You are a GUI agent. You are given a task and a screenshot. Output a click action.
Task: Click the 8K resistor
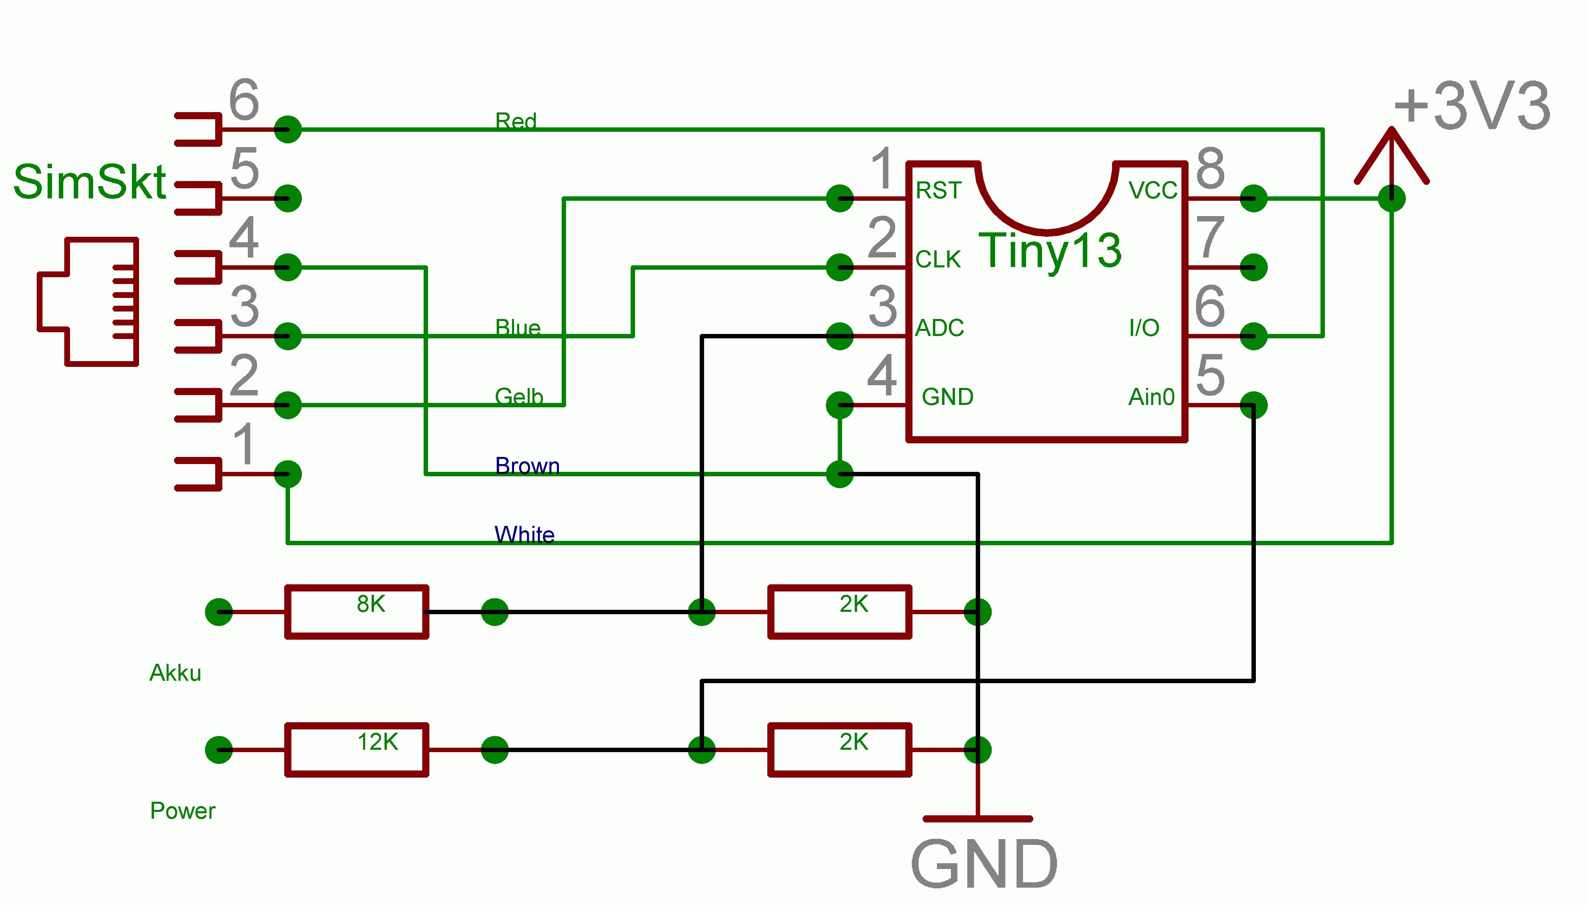pyautogui.click(x=356, y=611)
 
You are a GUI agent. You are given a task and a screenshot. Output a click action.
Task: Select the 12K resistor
pyautogui.click(x=356, y=750)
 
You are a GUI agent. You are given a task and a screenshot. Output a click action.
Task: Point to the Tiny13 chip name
pyautogui.click(x=1050, y=250)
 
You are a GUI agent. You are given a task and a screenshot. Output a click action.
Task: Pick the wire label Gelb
pyautogui.click(x=519, y=396)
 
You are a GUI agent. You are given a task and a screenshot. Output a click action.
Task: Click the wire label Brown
pyautogui.click(x=527, y=465)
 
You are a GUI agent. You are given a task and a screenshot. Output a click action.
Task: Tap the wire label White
pyautogui.click(x=524, y=535)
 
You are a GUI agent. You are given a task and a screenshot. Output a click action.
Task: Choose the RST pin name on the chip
pyautogui.click(x=939, y=190)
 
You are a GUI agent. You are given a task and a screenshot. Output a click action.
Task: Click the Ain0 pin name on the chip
pyautogui.click(x=1151, y=396)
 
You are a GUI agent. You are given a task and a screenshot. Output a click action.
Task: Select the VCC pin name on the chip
pyautogui.click(x=1153, y=190)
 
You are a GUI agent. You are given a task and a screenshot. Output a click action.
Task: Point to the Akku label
pyautogui.click(x=175, y=673)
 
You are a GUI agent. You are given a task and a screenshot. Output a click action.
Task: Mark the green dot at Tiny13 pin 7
pyautogui.click(x=1253, y=267)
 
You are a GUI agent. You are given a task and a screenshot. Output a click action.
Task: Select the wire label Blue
pyautogui.click(x=517, y=327)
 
